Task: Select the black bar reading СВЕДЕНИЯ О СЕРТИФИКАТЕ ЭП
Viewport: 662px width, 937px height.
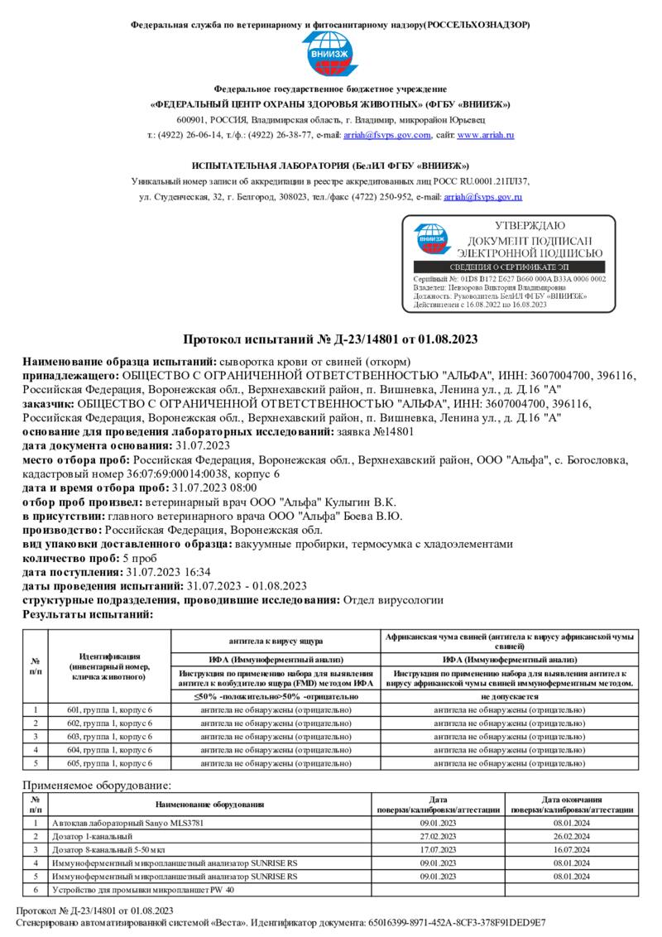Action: [x=509, y=267]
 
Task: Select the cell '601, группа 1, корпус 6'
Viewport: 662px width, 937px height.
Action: [x=109, y=710]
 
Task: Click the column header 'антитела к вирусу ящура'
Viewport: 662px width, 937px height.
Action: [x=276, y=641]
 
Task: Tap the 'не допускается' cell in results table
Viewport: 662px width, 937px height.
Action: [x=510, y=697]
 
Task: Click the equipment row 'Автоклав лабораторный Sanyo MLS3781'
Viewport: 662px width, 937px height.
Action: [x=127, y=824]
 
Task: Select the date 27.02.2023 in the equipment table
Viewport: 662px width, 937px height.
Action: [x=438, y=836]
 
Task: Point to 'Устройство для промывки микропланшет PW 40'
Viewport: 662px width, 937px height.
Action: [x=143, y=890]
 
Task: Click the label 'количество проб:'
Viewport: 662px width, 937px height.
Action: [x=72, y=559]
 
